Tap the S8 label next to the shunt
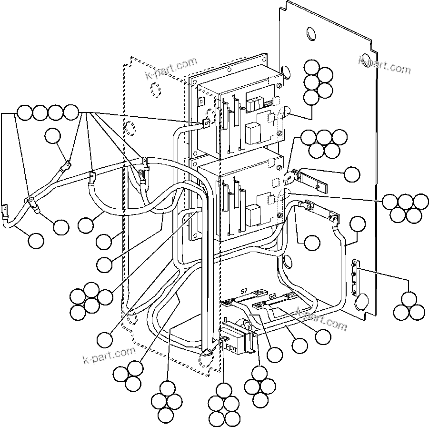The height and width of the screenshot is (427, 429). pos(272,296)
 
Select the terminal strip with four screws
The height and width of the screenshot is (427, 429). pos(355,277)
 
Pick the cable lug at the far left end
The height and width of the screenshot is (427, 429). pos(5,210)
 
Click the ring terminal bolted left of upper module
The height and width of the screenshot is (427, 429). pos(206,124)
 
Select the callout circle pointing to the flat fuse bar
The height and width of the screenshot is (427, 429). pos(352,174)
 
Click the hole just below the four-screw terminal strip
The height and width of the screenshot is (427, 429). pos(361,301)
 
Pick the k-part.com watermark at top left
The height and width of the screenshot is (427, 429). pos(171,69)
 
